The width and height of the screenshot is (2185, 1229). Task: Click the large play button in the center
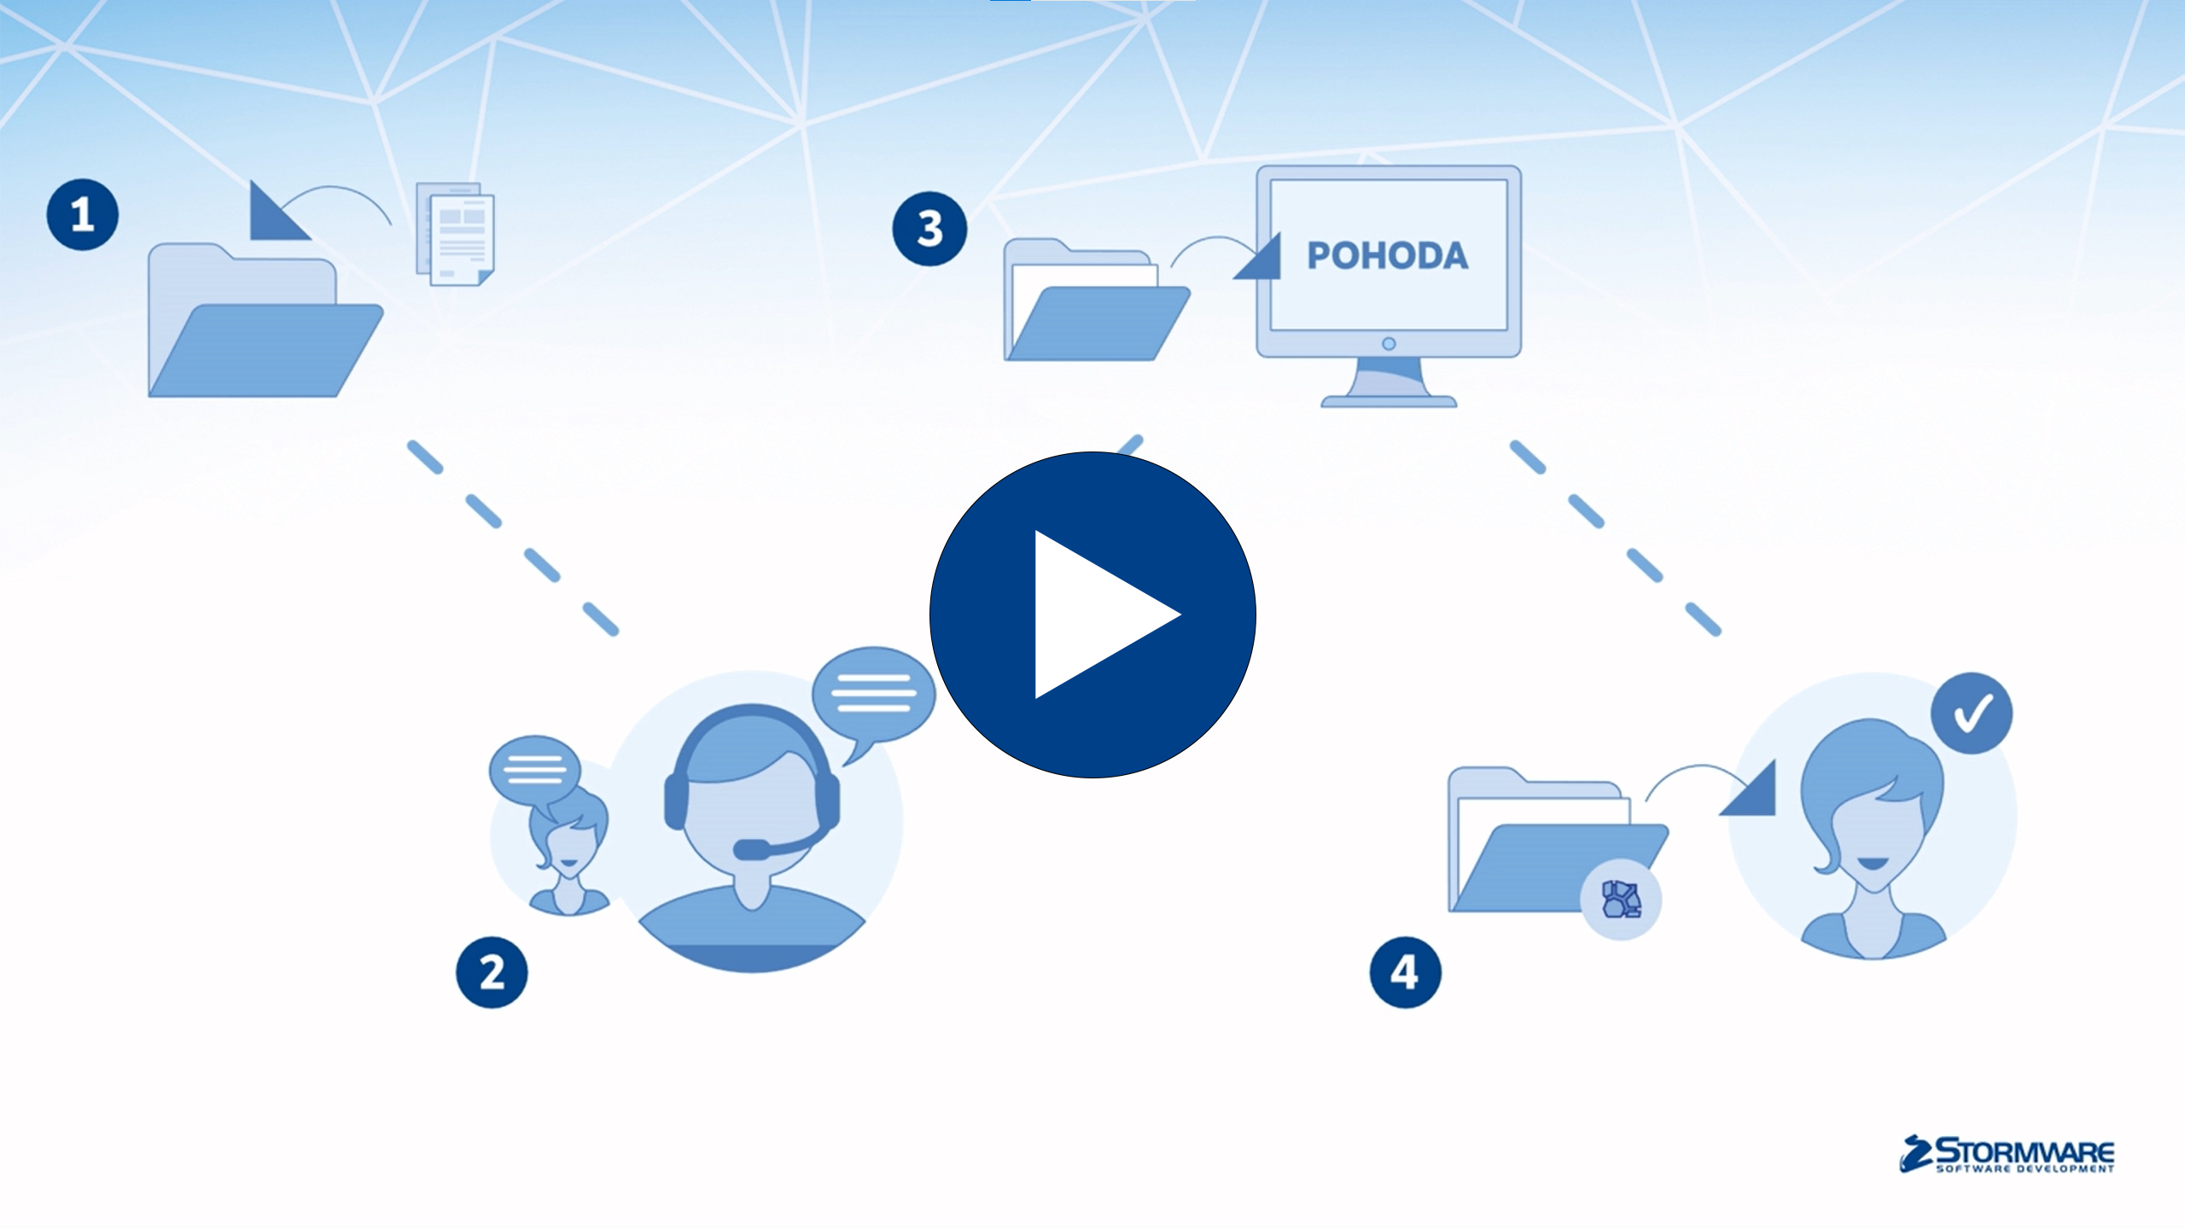tap(1092, 614)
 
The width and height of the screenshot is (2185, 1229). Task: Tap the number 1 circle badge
tap(82, 214)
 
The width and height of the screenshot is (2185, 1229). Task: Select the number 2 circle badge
tap(492, 973)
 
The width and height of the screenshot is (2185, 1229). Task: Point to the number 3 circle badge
tap(929, 229)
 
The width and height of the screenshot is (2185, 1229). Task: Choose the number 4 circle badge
tap(1405, 973)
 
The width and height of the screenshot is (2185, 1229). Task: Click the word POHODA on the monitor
tap(1388, 256)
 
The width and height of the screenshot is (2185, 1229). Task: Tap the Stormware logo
tap(2007, 1155)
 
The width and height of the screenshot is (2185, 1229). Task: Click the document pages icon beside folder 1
tap(457, 235)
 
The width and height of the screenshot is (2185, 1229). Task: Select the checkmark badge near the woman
tap(1972, 714)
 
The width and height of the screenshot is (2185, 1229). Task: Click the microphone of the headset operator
tap(751, 849)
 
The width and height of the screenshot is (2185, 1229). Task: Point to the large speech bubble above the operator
tap(872, 693)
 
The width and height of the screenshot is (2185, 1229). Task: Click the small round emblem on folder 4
tap(1621, 900)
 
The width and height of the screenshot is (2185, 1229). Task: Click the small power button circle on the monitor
tap(1389, 343)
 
